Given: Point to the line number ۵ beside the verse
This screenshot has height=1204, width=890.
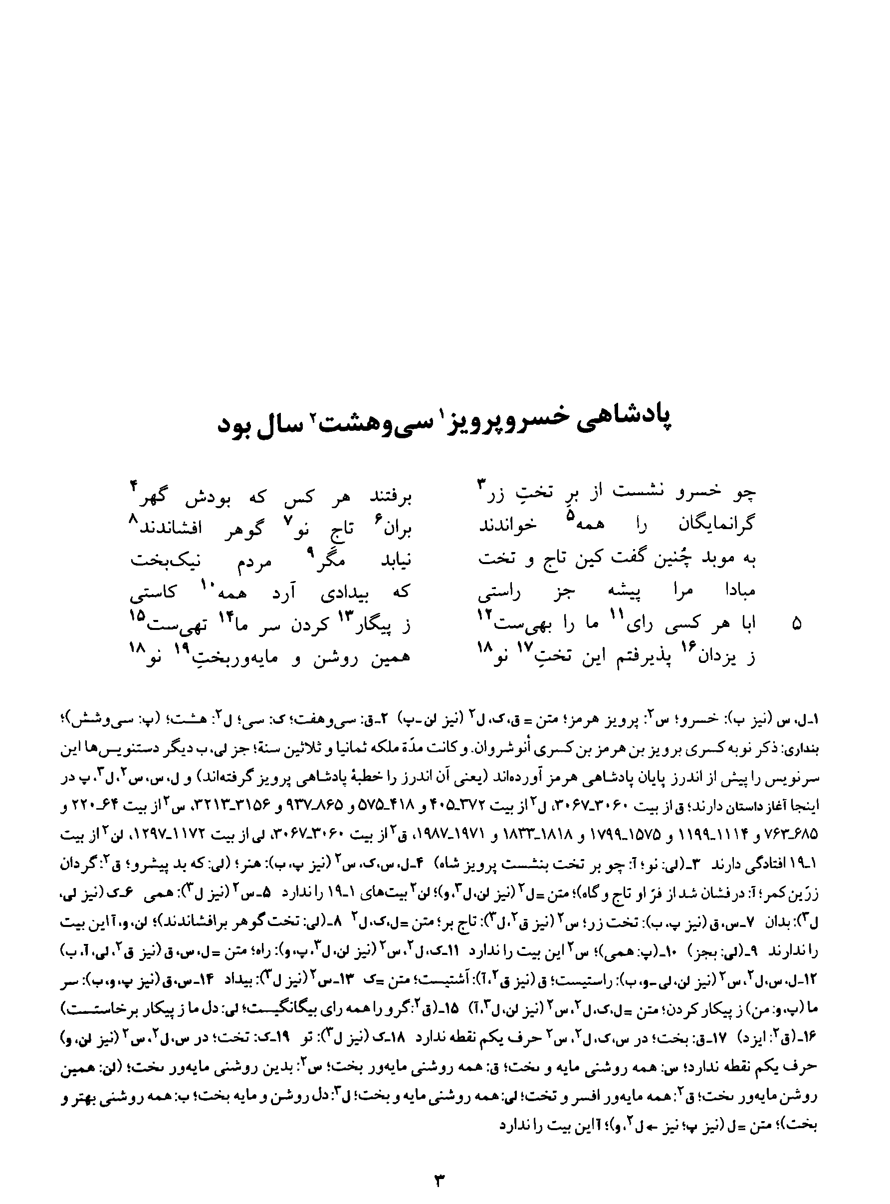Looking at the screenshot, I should (x=797, y=624).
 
